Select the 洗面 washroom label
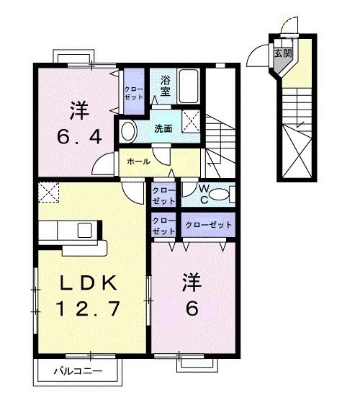pyautogui.click(x=163, y=129)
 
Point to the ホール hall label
pyautogui.click(x=138, y=161)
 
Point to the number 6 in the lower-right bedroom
pyautogui.click(x=192, y=308)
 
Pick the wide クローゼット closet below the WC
pyautogui.click(x=209, y=226)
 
